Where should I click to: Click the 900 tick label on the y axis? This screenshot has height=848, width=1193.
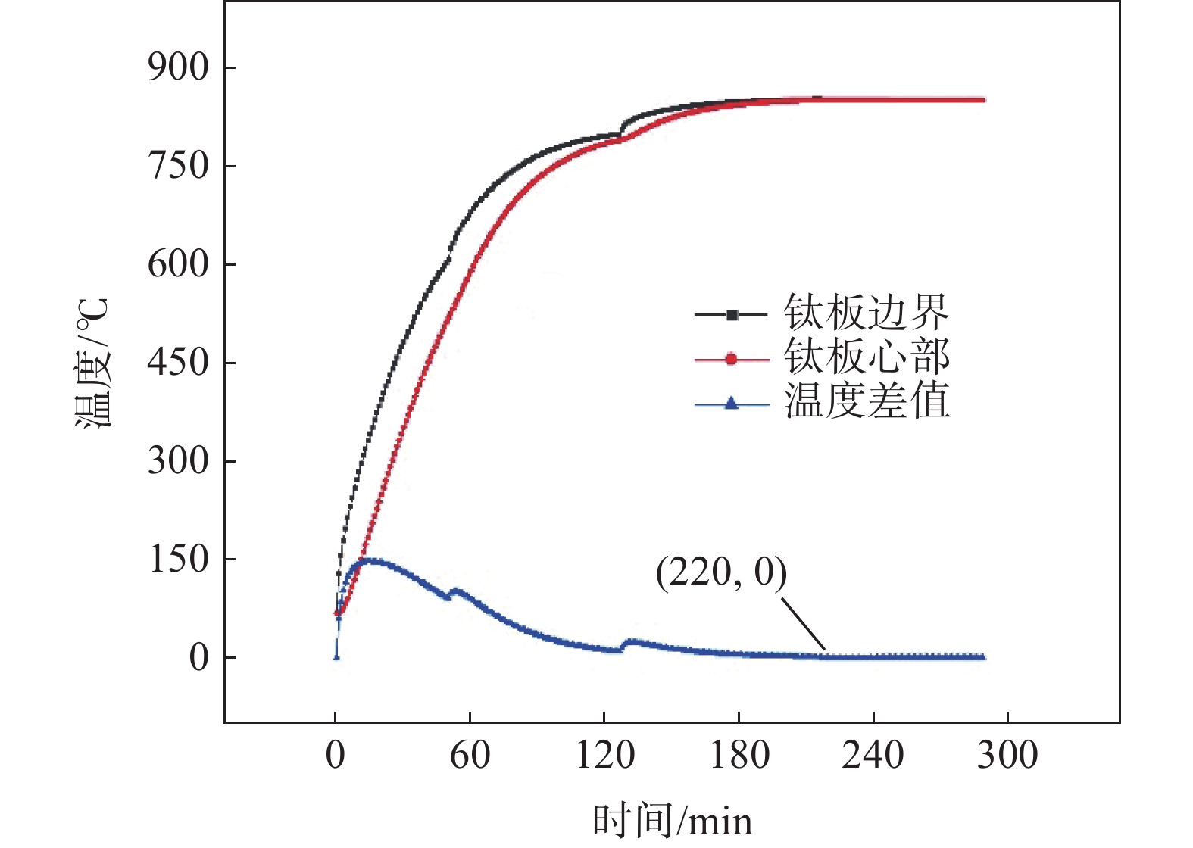tap(177, 68)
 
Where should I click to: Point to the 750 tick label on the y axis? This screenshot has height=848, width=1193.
tap(177, 167)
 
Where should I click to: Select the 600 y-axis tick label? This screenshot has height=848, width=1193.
tap(177, 265)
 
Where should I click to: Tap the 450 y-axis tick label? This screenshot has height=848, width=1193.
tap(177, 363)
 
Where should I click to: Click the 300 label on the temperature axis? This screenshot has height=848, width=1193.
tap(177, 461)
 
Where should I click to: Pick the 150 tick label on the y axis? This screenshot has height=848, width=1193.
tap(177, 560)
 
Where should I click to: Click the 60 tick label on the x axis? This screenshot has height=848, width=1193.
tap(470, 756)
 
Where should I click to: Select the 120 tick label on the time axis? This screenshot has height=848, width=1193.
tap(604, 756)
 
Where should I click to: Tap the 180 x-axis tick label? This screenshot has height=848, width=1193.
tap(739, 756)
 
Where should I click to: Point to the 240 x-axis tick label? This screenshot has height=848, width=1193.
tap(873, 756)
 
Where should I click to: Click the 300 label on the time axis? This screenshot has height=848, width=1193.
tap(1007, 756)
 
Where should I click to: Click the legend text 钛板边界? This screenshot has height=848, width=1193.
tap(867, 313)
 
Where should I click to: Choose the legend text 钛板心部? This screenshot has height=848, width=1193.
tap(867, 357)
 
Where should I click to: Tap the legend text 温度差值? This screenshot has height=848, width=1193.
tap(867, 401)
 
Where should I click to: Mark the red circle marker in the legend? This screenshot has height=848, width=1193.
tap(731, 359)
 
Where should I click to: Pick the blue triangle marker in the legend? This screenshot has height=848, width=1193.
tap(731, 404)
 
